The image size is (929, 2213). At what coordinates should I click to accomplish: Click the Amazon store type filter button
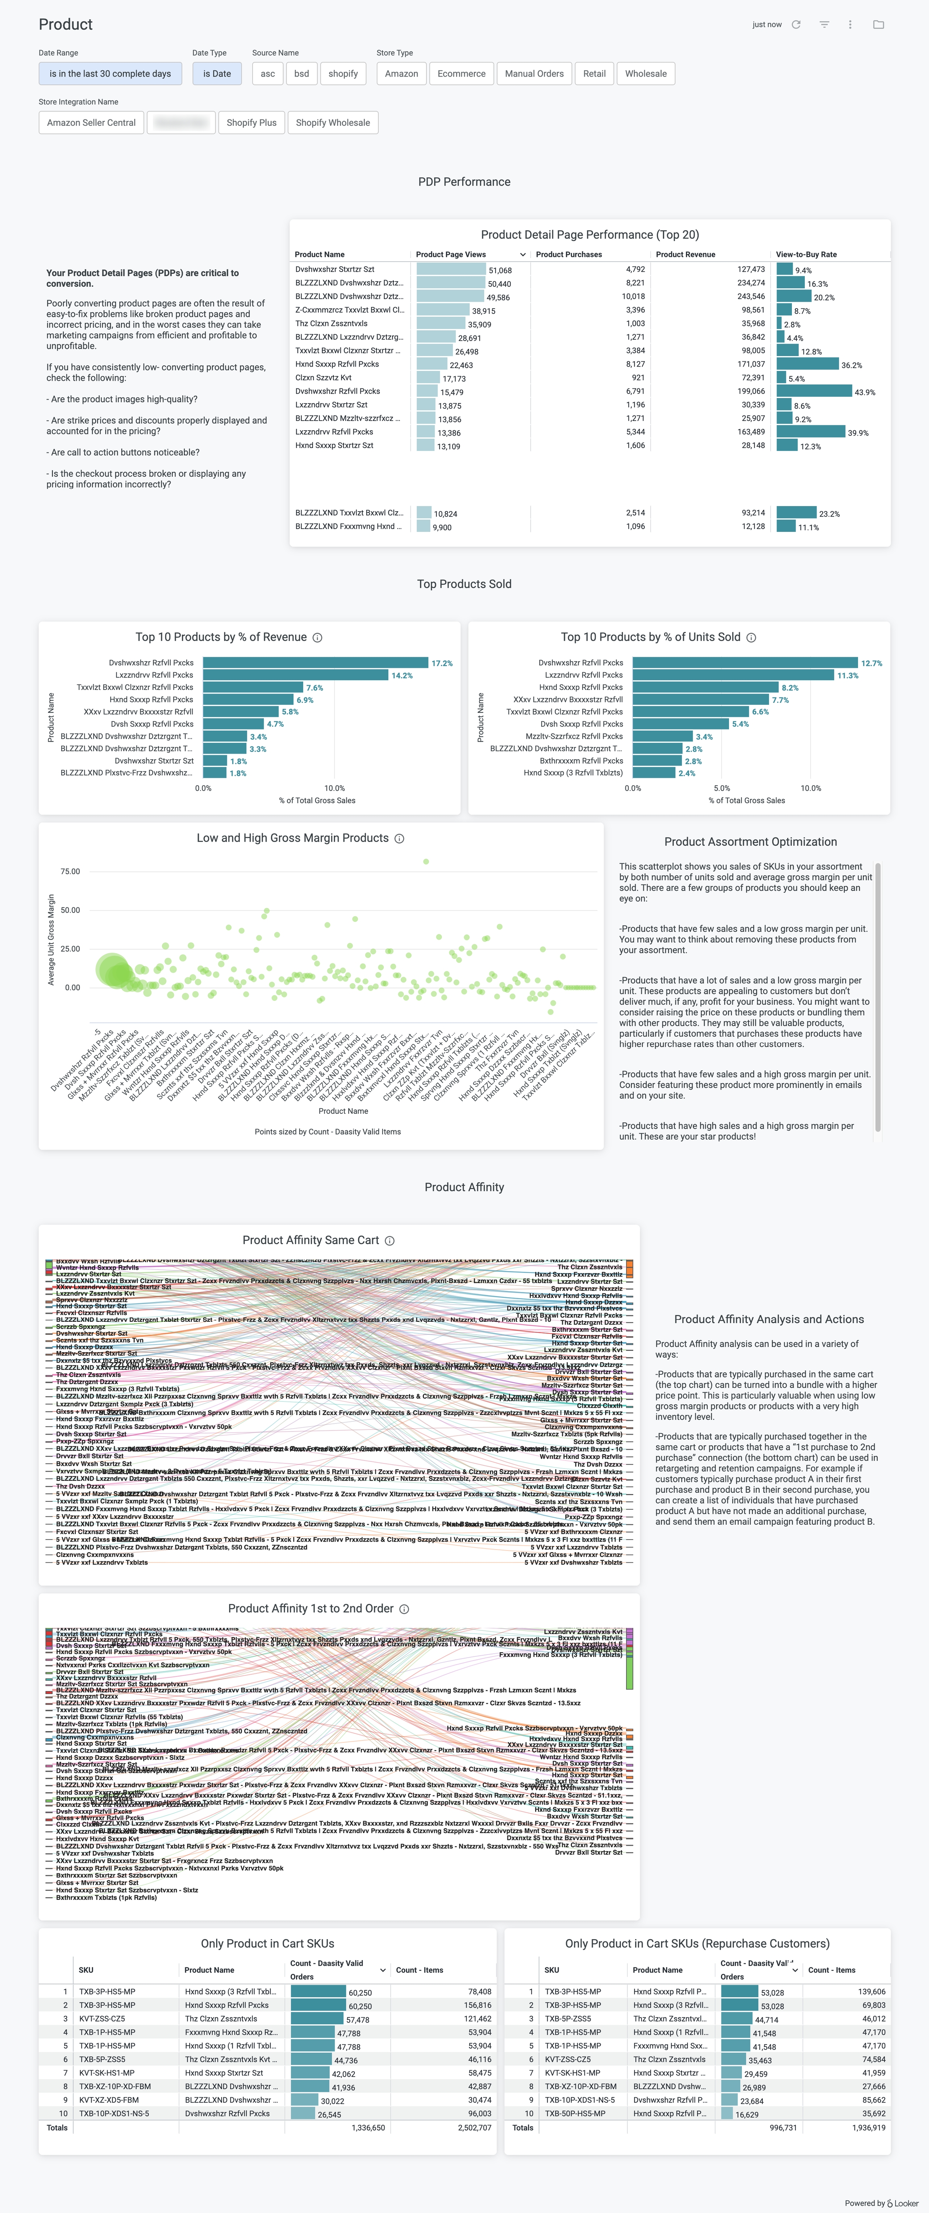[x=401, y=74]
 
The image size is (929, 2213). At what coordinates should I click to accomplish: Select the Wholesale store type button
[x=646, y=74]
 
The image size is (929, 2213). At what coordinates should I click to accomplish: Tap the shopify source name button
[x=343, y=74]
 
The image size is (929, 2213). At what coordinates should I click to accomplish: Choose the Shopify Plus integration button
[x=251, y=123]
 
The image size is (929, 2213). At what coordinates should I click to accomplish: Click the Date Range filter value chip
[x=110, y=74]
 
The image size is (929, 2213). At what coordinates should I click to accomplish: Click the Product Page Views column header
[x=451, y=254]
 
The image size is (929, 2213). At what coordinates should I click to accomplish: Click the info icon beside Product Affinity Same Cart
[x=390, y=1240]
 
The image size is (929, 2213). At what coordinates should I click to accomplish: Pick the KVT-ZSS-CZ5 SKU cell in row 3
[x=102, y=2019]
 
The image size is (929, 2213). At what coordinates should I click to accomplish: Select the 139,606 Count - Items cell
[x=871, y=1991]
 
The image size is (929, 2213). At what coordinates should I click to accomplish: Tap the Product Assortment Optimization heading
[x=750, y=842]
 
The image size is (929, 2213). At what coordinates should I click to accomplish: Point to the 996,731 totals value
[x=783, y=2128]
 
